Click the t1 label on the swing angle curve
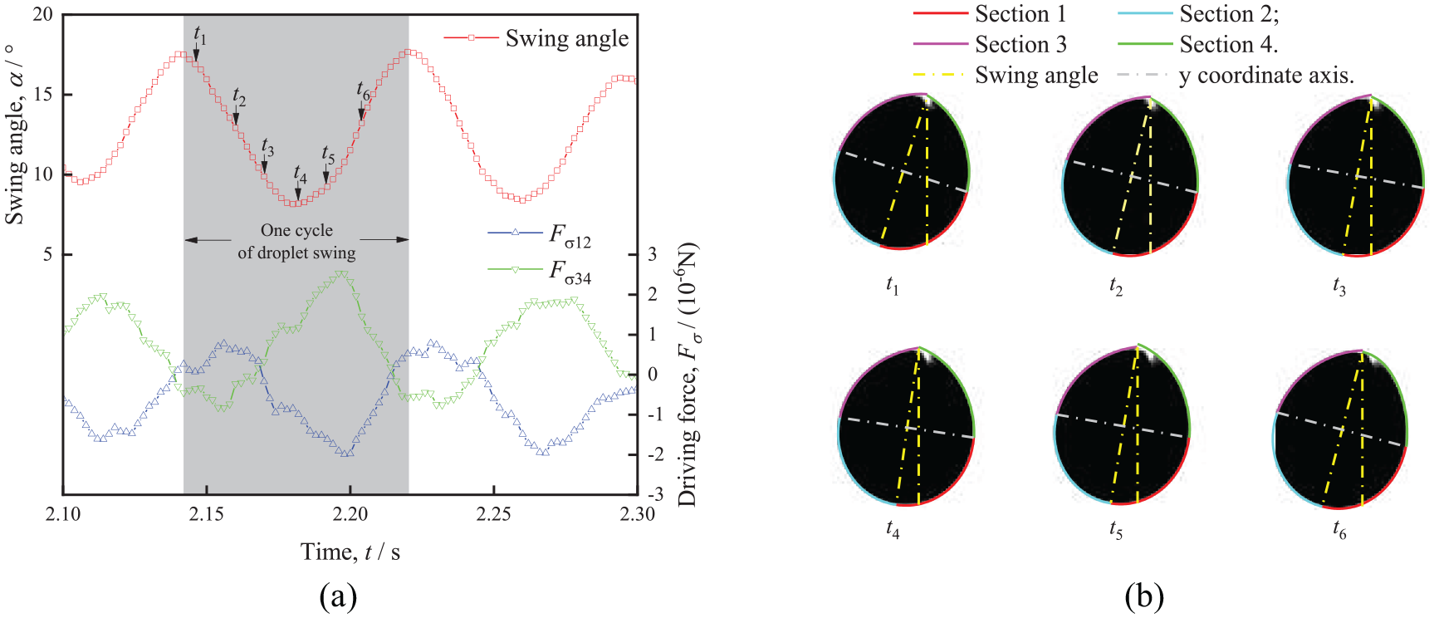200,36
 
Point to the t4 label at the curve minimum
300,174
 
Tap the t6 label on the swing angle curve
363,91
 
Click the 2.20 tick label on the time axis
350,514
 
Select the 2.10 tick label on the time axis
63,514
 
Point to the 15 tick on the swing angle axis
42,95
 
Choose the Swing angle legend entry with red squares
536,38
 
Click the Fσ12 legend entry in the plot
540,236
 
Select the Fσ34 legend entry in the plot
540,271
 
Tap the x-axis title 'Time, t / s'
350,552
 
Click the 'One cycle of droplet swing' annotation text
296,242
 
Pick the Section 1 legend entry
990,14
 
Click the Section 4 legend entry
1197,44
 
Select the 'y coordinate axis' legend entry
1236,76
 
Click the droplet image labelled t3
1356,175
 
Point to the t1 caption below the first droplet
893,287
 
